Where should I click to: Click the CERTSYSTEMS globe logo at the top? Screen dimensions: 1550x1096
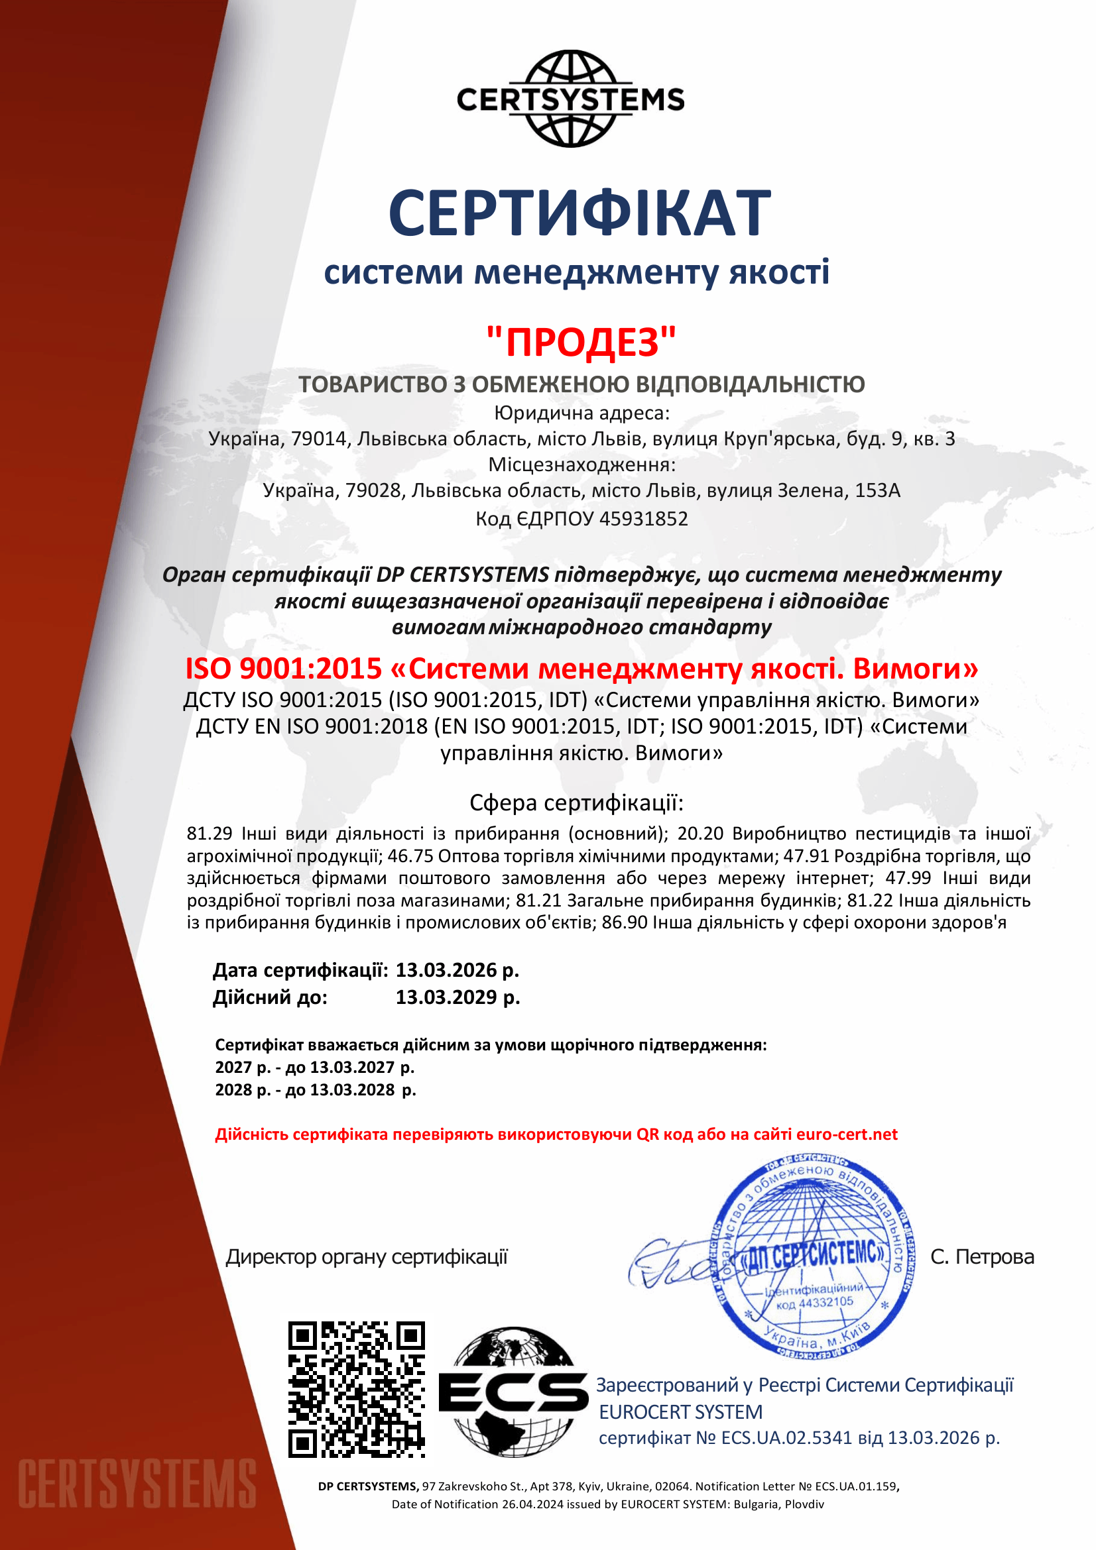coord(571,99)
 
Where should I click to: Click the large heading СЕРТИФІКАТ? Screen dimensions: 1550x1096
coord(579,213)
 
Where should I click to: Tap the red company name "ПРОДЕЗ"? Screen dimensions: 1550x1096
coord(581,341)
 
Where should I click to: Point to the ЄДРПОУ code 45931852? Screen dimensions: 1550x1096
coord(644,518)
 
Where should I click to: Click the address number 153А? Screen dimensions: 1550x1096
coord(877,490)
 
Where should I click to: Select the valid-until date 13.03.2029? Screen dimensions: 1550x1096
coord(448,997)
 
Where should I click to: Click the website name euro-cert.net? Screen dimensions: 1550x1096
coord(847,1134)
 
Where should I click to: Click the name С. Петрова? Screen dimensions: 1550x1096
coord(982,1257)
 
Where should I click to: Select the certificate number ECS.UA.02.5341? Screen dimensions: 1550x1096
coord(787,1437)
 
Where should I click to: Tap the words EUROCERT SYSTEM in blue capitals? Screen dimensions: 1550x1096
coord(681,1412)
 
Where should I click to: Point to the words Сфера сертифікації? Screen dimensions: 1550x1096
coord(577,803)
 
